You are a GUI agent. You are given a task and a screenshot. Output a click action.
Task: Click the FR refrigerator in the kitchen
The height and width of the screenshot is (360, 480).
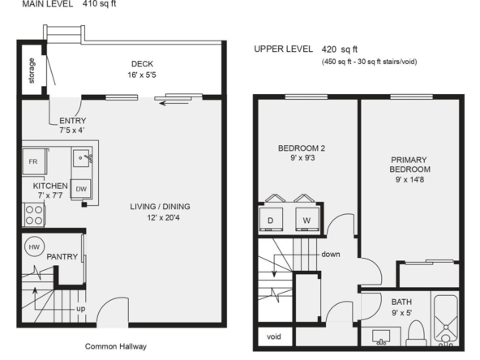point(34,161)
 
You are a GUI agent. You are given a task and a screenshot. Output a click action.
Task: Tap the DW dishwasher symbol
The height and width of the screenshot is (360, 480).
point(81,189)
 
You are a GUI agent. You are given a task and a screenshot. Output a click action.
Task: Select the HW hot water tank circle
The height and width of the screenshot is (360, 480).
point(34,246)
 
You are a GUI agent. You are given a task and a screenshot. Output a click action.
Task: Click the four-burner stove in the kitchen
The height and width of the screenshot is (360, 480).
point(34,215)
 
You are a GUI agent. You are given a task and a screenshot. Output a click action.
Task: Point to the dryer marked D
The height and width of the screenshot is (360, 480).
point(271,219)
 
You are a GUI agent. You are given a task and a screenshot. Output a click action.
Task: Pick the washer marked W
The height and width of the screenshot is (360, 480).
point(307,219)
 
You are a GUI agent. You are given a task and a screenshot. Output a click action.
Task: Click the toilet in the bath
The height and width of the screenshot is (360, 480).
point(416,333)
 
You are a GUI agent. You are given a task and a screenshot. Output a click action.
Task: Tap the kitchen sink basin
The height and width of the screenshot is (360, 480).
point(81,158)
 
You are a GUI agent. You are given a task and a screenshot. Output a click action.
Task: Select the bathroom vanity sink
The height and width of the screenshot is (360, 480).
point(381,337)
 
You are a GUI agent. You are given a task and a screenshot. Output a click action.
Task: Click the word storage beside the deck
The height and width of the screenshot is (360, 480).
point(32,71)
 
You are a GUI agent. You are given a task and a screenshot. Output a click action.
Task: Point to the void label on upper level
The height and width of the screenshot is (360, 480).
point(274,336)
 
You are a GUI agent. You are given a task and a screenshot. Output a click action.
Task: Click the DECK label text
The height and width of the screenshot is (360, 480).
point(143,64)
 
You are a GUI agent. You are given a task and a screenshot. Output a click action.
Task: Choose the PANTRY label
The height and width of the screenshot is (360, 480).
point(62,256)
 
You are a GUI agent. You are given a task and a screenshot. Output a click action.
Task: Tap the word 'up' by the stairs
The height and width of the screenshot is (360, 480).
point(81,309)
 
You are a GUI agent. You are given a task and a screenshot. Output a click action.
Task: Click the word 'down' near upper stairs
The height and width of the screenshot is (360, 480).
point(331,254)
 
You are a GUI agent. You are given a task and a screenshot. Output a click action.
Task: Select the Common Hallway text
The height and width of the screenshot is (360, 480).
point(116,346)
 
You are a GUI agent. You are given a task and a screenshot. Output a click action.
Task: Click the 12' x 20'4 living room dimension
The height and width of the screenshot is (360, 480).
point(163,217)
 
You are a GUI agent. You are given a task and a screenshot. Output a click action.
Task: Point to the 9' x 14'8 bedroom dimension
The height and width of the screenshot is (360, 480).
point(409,179)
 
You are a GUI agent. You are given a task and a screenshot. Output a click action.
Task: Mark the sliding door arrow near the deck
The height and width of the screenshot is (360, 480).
point(174,104)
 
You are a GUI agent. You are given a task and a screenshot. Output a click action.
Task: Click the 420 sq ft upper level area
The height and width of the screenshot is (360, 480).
point(340,49)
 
